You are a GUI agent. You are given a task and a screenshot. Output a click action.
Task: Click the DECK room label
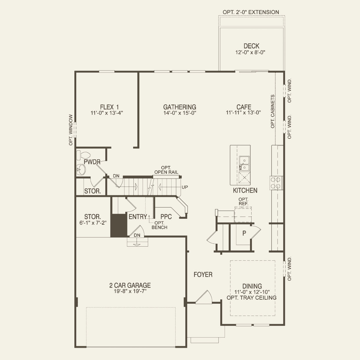[x=251, y=46]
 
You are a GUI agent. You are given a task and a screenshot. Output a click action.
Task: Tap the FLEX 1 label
[x=109, y=107]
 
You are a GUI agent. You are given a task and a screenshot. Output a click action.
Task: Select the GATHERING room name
[x=179, y=107]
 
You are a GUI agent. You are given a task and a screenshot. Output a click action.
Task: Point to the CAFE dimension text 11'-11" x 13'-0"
[x=243, y=113]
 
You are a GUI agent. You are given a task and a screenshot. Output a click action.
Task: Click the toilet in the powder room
[x=83, y=155]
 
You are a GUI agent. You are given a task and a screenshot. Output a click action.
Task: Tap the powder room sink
[x=81, y=170]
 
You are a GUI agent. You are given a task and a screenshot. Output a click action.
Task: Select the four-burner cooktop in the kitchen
[x=276, y=183]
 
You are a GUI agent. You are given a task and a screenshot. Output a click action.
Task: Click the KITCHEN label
[x=245, y=190]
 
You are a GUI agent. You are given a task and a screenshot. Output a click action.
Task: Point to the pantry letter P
[x=244, y=233]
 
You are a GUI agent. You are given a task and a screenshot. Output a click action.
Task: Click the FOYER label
[x=203, y=274]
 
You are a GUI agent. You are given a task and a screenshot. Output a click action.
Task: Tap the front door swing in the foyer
[x=204, y=298]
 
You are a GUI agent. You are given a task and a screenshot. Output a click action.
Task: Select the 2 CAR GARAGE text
[x=130, y=285]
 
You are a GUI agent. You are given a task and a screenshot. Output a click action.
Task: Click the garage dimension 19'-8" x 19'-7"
[x=130, y=291]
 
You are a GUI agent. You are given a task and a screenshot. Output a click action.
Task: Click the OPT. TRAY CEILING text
[x=251, y=298]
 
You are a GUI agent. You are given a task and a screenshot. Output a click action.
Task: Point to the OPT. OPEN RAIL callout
[x=166, y=170]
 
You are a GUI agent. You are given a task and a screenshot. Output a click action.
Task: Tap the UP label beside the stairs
[x=185, y=187]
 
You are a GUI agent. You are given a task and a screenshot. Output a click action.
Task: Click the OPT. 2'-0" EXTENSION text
[x=251, y=12]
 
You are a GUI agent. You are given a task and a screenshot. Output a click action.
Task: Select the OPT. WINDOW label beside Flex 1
[x=71, y=130]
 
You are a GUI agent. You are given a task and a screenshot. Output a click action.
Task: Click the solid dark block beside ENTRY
[x=119, y=226]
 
